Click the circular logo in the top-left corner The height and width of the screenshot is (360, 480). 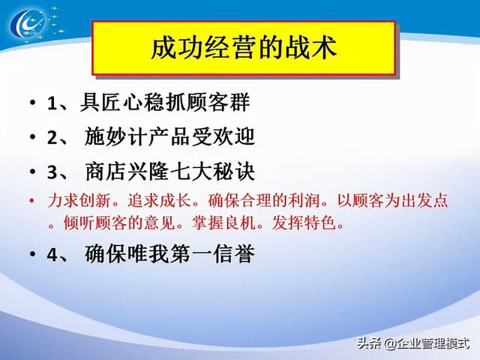point(28,24)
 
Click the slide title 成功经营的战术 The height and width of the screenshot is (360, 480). point(244,48)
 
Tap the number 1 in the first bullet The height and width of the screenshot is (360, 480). point(52,103)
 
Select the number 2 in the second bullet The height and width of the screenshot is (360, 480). point(52,137)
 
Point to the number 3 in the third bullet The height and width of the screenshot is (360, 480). point(52,172)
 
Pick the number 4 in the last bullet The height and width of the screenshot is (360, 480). point(52,254)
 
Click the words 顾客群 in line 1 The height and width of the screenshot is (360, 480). point(218,102)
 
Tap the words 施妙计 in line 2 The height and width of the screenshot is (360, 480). point(115,136)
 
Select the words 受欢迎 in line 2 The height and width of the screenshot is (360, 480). point(223,136)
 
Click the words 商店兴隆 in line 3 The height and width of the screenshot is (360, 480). point(126,172)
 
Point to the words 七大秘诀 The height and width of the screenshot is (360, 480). point(211,172)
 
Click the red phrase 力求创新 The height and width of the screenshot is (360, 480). point(79,201)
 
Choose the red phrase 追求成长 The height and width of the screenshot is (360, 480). point(159,201)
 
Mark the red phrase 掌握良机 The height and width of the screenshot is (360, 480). point(223,223)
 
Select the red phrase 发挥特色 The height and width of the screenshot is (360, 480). point(303,223)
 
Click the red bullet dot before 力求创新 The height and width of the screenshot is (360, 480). point(31,201)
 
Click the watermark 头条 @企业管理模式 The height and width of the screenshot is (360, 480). point(413,343)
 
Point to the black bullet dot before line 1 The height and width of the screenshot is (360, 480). point(33,103)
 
